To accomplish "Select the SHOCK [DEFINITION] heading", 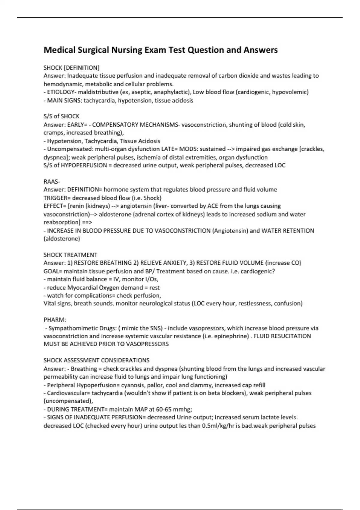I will pos(71,68).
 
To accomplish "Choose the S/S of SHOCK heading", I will pos(61,116).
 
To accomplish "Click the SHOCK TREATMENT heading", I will pos(70,255).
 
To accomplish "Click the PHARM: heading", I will pos(55,320).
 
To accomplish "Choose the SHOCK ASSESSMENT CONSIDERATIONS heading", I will pos(96,360).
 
